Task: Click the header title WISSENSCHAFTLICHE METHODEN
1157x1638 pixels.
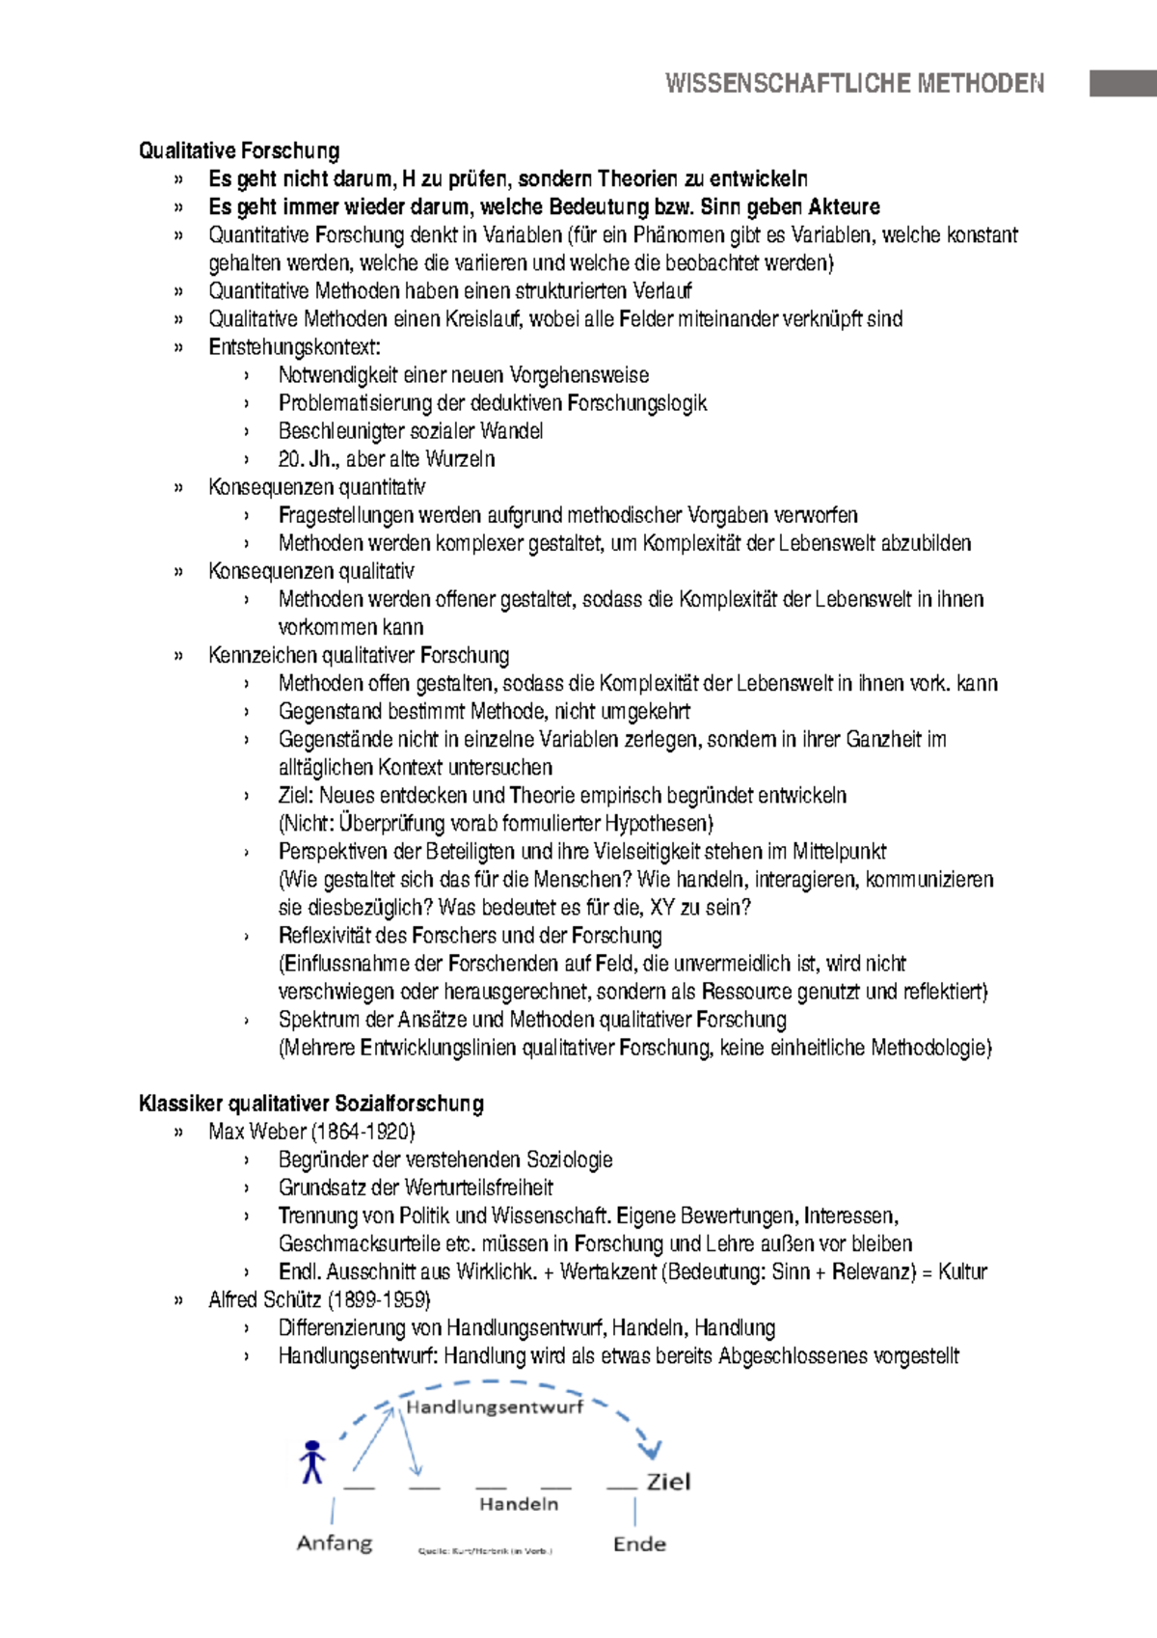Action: tap(854, 83)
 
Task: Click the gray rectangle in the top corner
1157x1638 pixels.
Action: tap(1122, 83)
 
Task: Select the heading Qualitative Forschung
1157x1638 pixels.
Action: tap(239, 150)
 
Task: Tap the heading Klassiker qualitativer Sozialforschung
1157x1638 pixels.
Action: tap(310, 1104)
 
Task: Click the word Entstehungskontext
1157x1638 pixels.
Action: tap(293, 347)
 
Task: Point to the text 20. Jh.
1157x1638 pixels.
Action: tap(304, 459)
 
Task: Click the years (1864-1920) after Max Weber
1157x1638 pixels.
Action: tap(363, 1132)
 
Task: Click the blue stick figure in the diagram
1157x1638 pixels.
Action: tap(311, 1461)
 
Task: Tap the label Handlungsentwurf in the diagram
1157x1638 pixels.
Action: tap(495, 1407)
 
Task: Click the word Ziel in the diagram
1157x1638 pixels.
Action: tap(668, 1482)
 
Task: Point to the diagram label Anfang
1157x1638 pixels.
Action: tap(334, 1542)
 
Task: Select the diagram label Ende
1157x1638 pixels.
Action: tap(639, 1543)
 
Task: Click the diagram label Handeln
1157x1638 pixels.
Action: tap(519, 1504)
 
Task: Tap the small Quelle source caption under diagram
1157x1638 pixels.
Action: tap(484, 1551)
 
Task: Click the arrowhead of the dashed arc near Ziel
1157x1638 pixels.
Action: tap(652, 1450)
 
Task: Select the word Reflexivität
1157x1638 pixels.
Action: tap(325, 936)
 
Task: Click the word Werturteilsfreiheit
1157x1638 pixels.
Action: tap(478, 1188)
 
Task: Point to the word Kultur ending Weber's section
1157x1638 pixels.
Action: tap(962, 1271)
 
